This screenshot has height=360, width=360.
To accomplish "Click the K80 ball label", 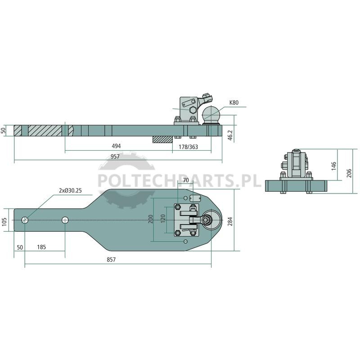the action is [x=234, y=103].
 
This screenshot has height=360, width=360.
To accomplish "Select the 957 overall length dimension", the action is [x=115, y=157].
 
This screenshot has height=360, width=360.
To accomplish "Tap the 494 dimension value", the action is [x=116, y=146].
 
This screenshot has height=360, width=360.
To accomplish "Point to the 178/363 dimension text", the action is [x=188, y=147].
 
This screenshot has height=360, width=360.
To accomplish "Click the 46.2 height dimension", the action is [x=230, y=135].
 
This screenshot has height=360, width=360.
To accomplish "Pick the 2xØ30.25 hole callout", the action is [x=70, y=190].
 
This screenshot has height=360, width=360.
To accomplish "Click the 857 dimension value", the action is [x=111, y=260].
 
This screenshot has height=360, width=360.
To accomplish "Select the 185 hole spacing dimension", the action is [x=41, y=247].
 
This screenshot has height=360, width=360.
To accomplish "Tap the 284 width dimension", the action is [x=230, y=221].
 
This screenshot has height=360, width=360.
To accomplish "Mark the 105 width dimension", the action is [x=4, y=222].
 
